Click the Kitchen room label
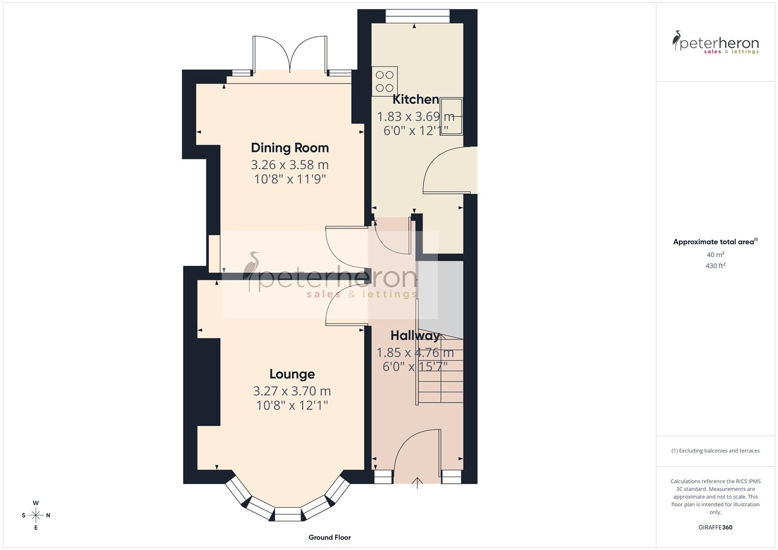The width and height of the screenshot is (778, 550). [x=415, y=99]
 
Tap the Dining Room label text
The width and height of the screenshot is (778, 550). [x=289, y=148]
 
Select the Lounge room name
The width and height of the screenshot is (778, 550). [x=292, y=374]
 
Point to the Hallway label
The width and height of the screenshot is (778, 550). [x=415, y=336]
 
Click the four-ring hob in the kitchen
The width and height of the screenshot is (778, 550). [x=385, y=81]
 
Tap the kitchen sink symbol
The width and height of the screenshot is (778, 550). [x=451, y=116]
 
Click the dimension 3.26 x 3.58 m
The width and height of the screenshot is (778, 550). [x=289, y=165]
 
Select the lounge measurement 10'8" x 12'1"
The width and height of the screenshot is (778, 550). [x=292, y=405]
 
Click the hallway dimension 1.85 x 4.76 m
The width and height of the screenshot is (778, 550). [x=415, y=352]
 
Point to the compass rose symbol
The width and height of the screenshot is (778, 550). [x=36, y=515]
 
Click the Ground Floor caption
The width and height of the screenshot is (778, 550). [x=330, y=537]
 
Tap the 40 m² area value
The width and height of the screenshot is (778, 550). [x=715, y=255]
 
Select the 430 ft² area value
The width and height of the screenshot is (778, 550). [x=715, y=266]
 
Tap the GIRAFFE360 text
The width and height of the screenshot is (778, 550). [x=715, y=527]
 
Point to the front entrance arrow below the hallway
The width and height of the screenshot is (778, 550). [x=417, y=483]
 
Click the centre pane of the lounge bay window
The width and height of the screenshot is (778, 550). [x=288, y=514]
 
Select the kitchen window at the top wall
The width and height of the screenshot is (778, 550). [x=417, y=16]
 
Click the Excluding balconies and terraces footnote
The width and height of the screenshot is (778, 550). [x=715, y=451]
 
